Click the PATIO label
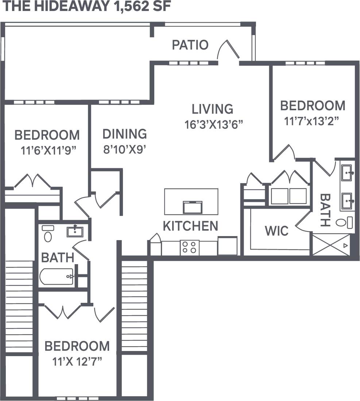point(190,45)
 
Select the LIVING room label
point(212,109)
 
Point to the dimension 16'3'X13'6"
point(213,124)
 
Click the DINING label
point(124,134)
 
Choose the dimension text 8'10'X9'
point(124,150)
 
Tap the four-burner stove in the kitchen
point(190,247)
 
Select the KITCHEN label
point(190,226)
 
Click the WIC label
point(276,231)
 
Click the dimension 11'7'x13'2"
point(312,121)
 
